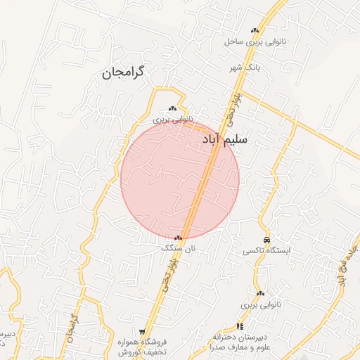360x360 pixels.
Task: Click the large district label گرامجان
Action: click(x=132, y=72)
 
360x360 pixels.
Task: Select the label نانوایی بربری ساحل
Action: click(x=253, y=42)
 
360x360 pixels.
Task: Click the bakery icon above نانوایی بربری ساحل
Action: click(x=255, y=30)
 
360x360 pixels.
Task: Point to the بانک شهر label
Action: click(x=244, y=67)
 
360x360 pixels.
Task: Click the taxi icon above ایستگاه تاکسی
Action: click(x=266, y=240)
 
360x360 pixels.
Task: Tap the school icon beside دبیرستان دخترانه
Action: click(x=240, y=326)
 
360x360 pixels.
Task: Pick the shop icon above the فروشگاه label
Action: click(x=142, y=331)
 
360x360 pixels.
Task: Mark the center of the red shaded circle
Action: click(x=181, y=179)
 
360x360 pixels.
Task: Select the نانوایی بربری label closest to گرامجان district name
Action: click(x=172, y=120)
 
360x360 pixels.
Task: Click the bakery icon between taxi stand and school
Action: click(x=261, y=293)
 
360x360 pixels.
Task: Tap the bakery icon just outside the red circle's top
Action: click(x=173, y=108)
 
